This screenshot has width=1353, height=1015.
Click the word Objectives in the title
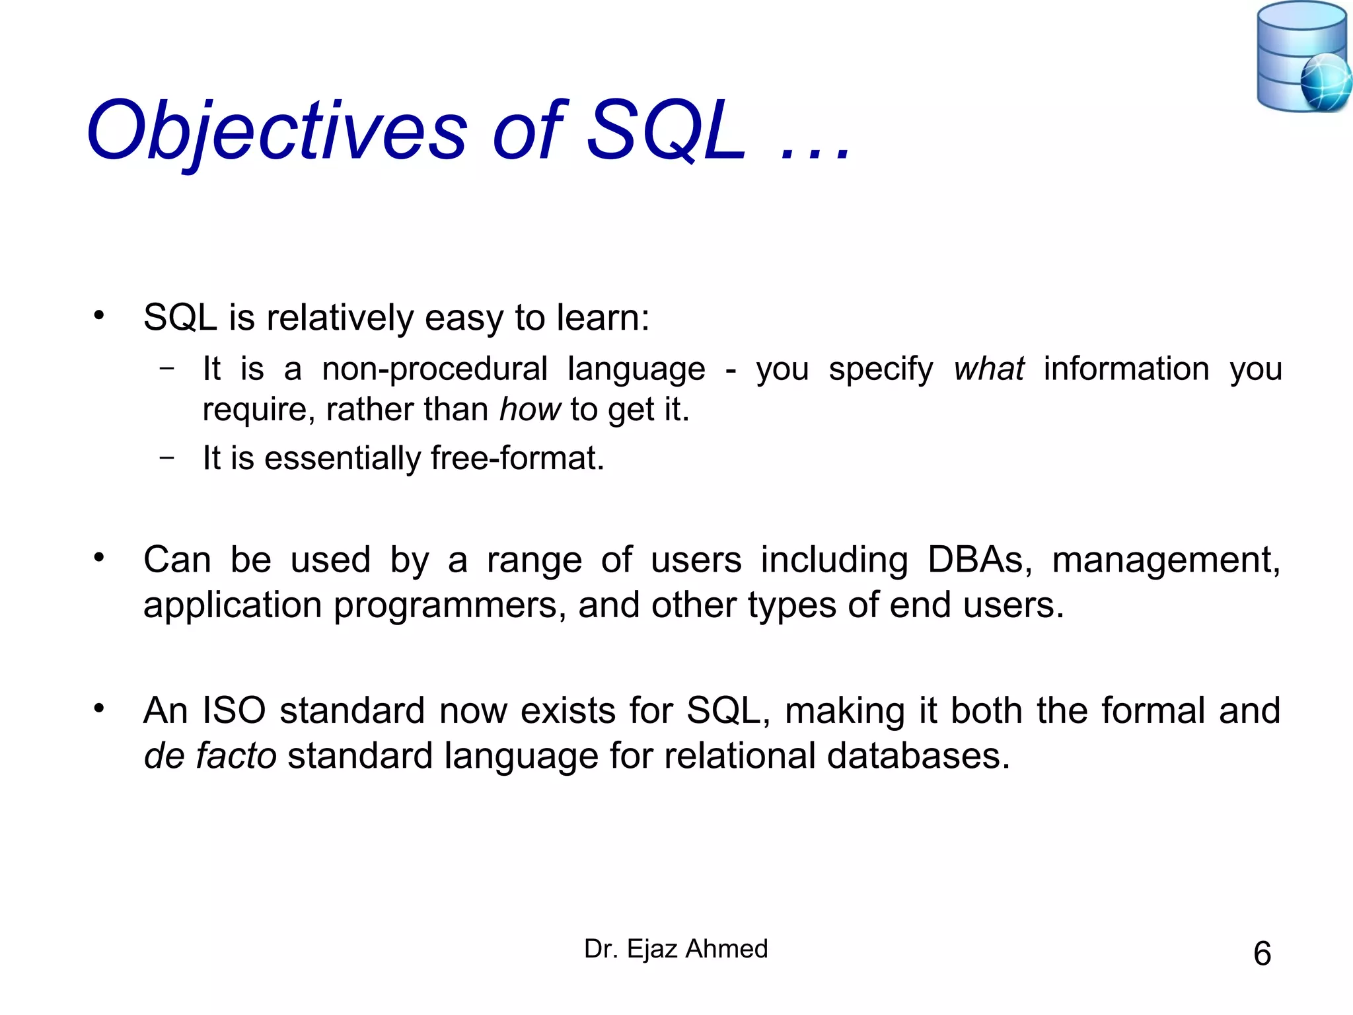277,131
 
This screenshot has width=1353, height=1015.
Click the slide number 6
1262,954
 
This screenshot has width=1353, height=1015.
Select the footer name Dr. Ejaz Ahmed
676,949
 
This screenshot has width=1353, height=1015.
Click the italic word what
988,369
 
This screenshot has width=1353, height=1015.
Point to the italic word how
530,410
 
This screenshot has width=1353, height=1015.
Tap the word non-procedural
434,369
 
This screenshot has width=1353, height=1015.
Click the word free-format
517,458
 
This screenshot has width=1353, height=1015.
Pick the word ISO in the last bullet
234,710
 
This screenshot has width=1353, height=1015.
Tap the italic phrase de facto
210,756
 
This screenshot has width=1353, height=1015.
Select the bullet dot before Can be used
99,558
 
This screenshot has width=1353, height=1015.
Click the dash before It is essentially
167,457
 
